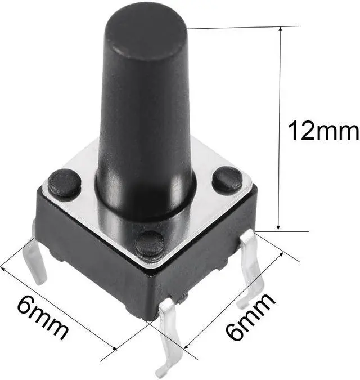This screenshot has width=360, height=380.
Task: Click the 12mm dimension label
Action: pos(323,131)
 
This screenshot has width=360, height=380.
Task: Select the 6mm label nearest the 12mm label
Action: pos(250,317)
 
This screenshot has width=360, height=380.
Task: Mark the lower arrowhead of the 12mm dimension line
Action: pos(278,226)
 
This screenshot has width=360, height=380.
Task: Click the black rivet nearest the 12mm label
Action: pos(227,179)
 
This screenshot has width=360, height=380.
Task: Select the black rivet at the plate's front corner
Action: pos(150,244)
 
